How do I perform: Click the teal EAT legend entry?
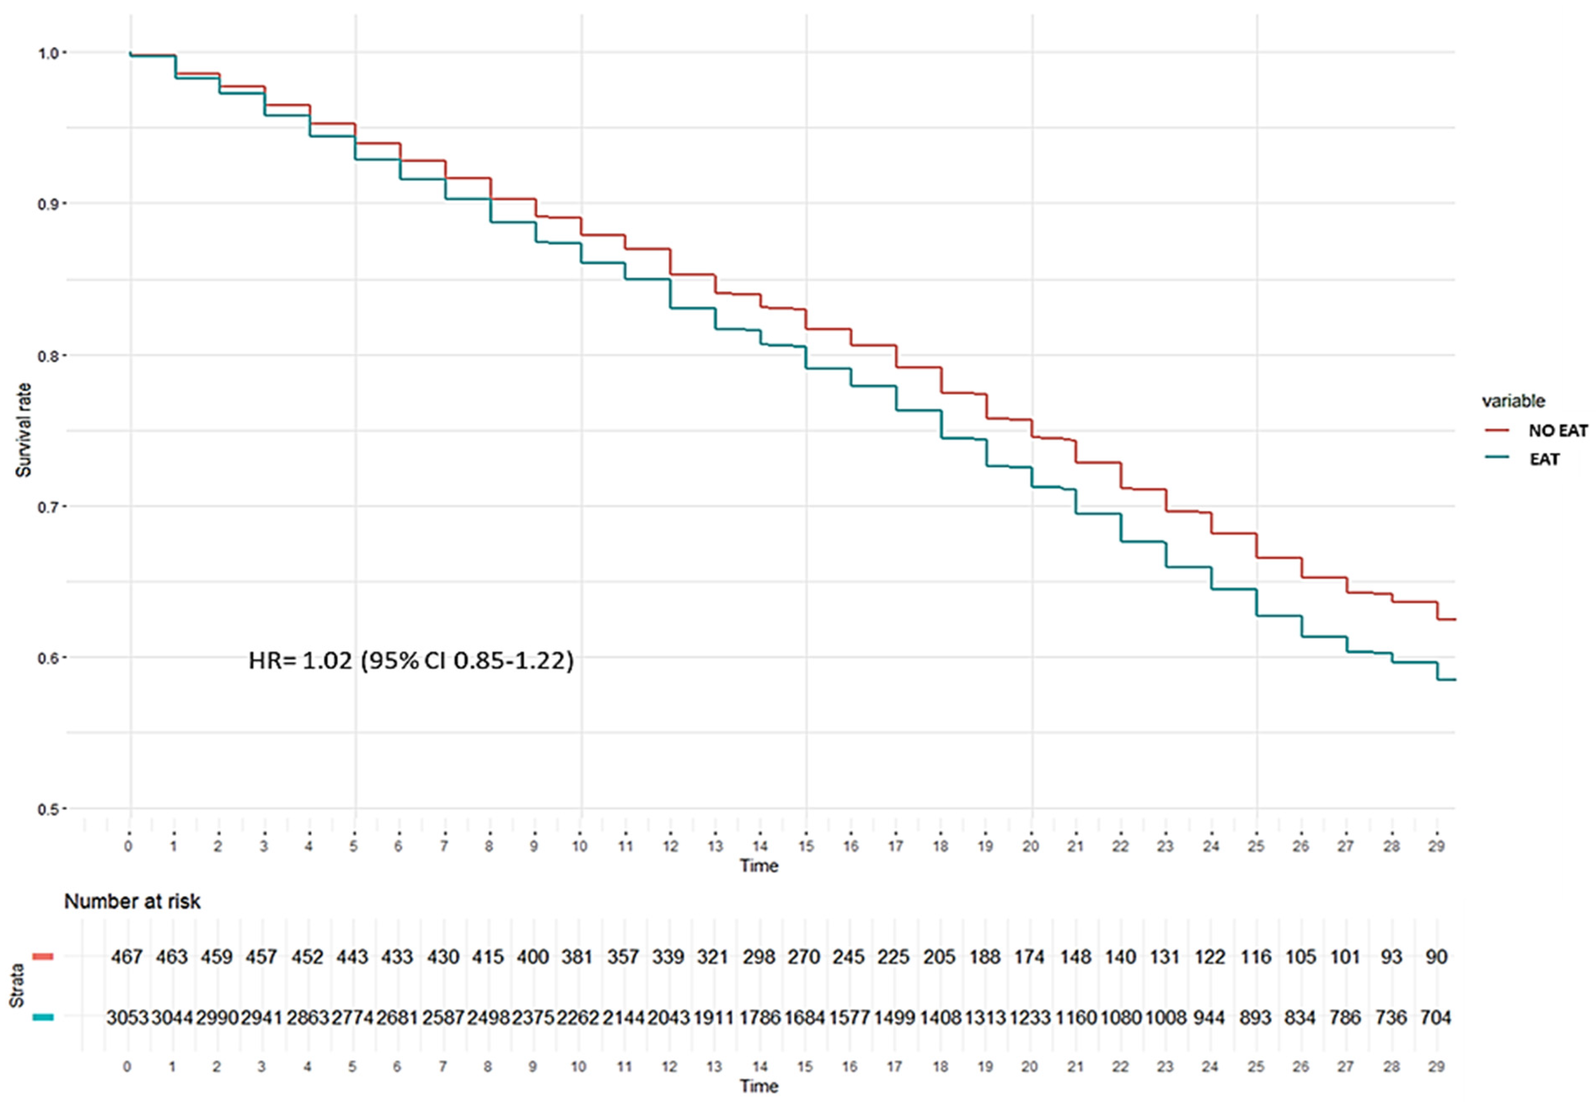(1544, 459)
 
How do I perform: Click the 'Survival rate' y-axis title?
(24, 430)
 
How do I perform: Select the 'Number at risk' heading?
(133, 902)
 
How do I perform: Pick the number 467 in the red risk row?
(127, 957)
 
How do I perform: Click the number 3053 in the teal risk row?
(127, 1018)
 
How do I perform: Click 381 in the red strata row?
(577, 957)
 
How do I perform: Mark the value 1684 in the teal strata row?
(804, 1018)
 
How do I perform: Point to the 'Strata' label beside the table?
(17, 986)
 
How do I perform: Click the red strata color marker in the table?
(43, 957)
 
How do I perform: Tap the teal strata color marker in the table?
(43, 1017)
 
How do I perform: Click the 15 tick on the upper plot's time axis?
(806, 846)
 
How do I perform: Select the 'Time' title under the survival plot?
(759, 866)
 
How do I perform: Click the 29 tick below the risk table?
(1436, 1067)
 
